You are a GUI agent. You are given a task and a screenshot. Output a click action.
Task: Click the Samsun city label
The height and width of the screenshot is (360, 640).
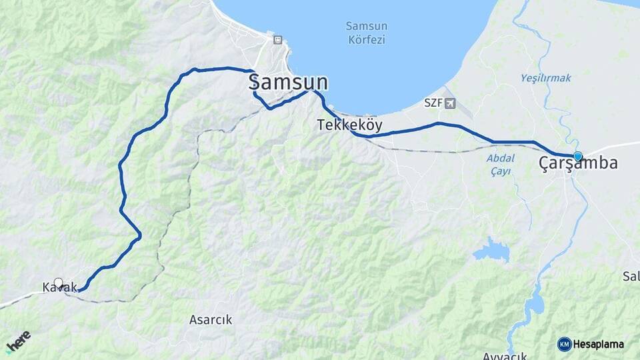288,83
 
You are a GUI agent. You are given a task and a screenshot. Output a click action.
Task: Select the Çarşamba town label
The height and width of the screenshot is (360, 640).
578,164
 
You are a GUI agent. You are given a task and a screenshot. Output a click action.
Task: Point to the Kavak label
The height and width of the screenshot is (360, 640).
60,287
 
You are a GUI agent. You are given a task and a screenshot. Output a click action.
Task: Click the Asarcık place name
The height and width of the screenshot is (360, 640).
211,320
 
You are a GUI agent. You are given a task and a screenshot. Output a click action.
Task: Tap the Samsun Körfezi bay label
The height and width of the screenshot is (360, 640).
366,32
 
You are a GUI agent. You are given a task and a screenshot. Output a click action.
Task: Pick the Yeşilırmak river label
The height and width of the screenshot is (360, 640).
545,78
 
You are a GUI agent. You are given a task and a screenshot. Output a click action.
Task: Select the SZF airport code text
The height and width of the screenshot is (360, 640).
433,103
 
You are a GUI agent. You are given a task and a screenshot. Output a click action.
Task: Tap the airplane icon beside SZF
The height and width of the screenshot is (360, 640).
450,103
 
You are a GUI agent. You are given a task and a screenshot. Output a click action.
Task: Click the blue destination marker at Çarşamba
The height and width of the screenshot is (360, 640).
577,157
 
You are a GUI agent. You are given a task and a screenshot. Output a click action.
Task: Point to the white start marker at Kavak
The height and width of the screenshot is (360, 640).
59,283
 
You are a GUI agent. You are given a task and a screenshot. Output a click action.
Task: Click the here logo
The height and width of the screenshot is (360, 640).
18,341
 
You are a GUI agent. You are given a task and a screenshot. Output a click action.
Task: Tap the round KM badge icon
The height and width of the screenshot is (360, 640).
564,344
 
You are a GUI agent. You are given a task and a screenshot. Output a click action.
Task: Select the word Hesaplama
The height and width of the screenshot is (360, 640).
599,345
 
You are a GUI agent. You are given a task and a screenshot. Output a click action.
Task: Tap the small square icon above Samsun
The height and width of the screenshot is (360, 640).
277,40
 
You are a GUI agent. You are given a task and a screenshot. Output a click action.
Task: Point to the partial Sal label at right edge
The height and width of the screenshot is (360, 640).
631,276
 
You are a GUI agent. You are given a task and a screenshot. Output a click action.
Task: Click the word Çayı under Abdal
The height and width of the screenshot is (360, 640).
500,171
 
